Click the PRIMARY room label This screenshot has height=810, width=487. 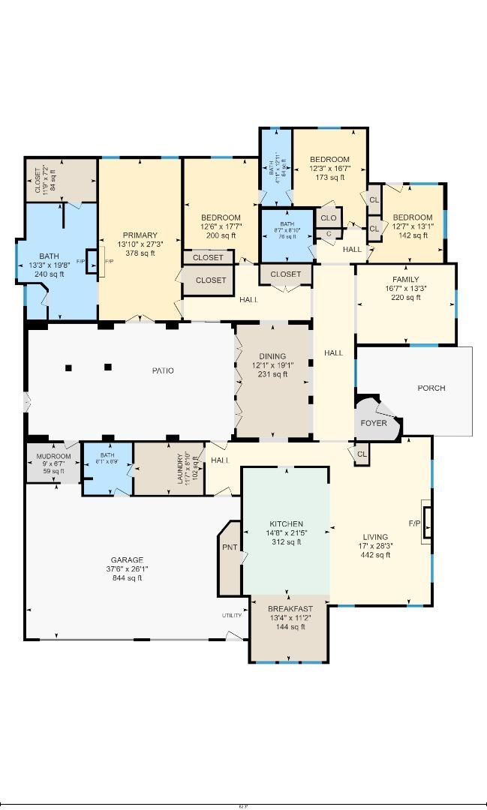click(x=140, y=235)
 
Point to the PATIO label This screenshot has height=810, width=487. click(x=163, y=370)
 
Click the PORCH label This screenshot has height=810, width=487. click(x=431, y=388)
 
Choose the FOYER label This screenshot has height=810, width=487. click(x=374, y=423)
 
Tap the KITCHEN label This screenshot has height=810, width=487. click(x=286, y=523)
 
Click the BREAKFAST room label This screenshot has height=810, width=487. click(x=290, y=608)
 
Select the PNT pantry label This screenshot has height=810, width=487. click(x=229, y=547)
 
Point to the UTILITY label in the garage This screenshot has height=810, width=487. click(x=231, y=616)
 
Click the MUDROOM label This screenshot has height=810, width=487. click(x=54, y=456)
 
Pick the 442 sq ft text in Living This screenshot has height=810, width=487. click(x=375, y=555)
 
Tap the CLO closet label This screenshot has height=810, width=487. click(x=328, y=218)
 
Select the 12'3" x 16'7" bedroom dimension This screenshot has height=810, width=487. click(x=329, y=169)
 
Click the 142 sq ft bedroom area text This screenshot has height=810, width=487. click(x=413, y=235)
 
